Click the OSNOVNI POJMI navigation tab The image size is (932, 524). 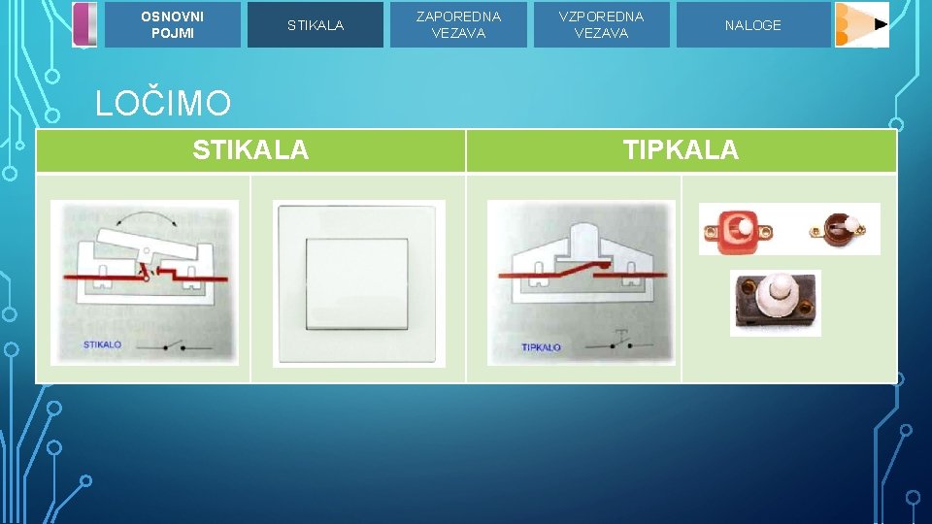[172, 25]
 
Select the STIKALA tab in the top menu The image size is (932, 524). [315, 25]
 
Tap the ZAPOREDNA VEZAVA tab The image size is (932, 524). [458, 25]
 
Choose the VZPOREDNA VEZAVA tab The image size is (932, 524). [601, 25]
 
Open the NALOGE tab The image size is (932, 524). [752, 25]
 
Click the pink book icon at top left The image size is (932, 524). [85, 24]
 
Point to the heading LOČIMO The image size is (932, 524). [163, 104]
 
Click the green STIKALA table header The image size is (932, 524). [250, 150]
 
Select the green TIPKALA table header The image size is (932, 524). [681, 150]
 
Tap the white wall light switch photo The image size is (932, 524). [358, 283]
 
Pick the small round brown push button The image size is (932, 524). [839, 229]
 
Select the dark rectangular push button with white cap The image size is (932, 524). [775, 302]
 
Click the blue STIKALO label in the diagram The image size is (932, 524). [102, 344]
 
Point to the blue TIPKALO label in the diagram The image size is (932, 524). [541, 346]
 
